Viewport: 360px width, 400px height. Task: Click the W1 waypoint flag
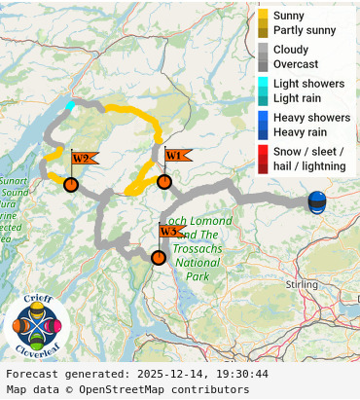point(174,155)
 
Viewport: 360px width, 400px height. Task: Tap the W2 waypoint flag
point(81,158)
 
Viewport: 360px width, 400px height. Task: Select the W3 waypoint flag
point(169,232)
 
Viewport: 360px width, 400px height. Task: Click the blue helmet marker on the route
point(317,201)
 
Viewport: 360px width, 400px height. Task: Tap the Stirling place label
point(304,283)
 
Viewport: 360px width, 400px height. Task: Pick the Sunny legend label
point(289,17)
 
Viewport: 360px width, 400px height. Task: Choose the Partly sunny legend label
point(305,31)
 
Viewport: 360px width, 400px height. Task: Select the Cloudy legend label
point(291,50)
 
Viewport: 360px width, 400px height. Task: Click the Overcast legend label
point(295,64)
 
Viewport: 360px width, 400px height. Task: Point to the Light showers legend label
point(308,84)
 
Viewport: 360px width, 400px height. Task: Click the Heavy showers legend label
point(311,118)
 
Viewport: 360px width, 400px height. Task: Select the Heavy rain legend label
point(300,132)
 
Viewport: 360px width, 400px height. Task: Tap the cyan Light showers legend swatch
point(264,84)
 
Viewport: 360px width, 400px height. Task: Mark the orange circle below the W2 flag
point(70,184)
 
